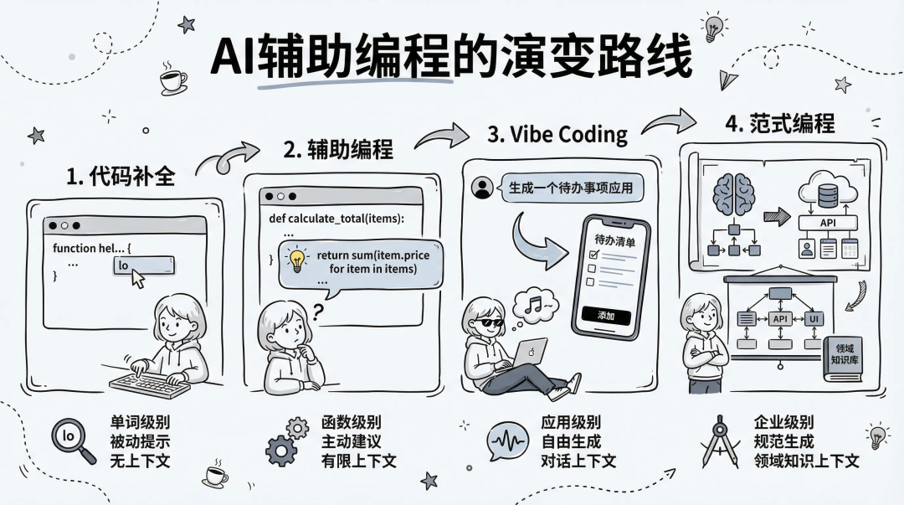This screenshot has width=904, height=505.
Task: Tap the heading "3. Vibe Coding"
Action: coord(557,134)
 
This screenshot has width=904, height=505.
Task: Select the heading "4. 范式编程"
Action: coord(779,123)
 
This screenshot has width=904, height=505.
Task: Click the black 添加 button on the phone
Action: coord(605,316)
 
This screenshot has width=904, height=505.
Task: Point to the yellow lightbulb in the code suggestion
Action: coord(297,259)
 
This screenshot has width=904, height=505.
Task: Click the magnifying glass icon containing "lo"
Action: coord(73,440)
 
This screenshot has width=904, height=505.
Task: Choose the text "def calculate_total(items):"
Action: coord(336,219)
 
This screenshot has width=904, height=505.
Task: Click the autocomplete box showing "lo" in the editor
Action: coord(142,265)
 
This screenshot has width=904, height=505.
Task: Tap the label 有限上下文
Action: coord(358,460)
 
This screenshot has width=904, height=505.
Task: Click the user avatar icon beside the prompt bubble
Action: coord(480,189)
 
